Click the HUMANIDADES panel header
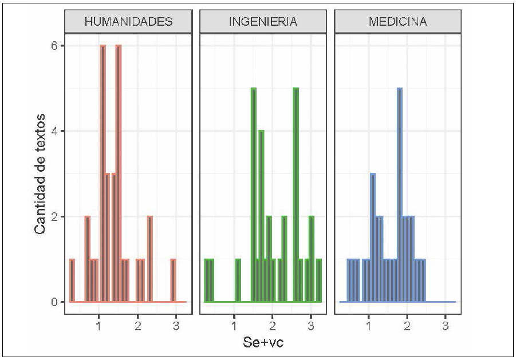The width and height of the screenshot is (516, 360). pos(128,22)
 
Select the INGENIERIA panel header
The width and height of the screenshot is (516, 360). pos(263,22)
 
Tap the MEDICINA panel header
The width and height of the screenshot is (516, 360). pos(397,22)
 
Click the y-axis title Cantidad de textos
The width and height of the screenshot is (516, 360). pos(40,173)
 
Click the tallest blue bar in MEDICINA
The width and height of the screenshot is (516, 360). pos(400,195)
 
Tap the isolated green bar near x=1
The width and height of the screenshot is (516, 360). pos(238,280)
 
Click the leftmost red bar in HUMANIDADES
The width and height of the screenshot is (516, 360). pos(72,280)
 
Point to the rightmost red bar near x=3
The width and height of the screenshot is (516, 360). pos(173,280)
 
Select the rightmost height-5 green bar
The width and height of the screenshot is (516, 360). pos(296,195)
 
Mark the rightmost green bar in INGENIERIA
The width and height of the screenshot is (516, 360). pos(319,280)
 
